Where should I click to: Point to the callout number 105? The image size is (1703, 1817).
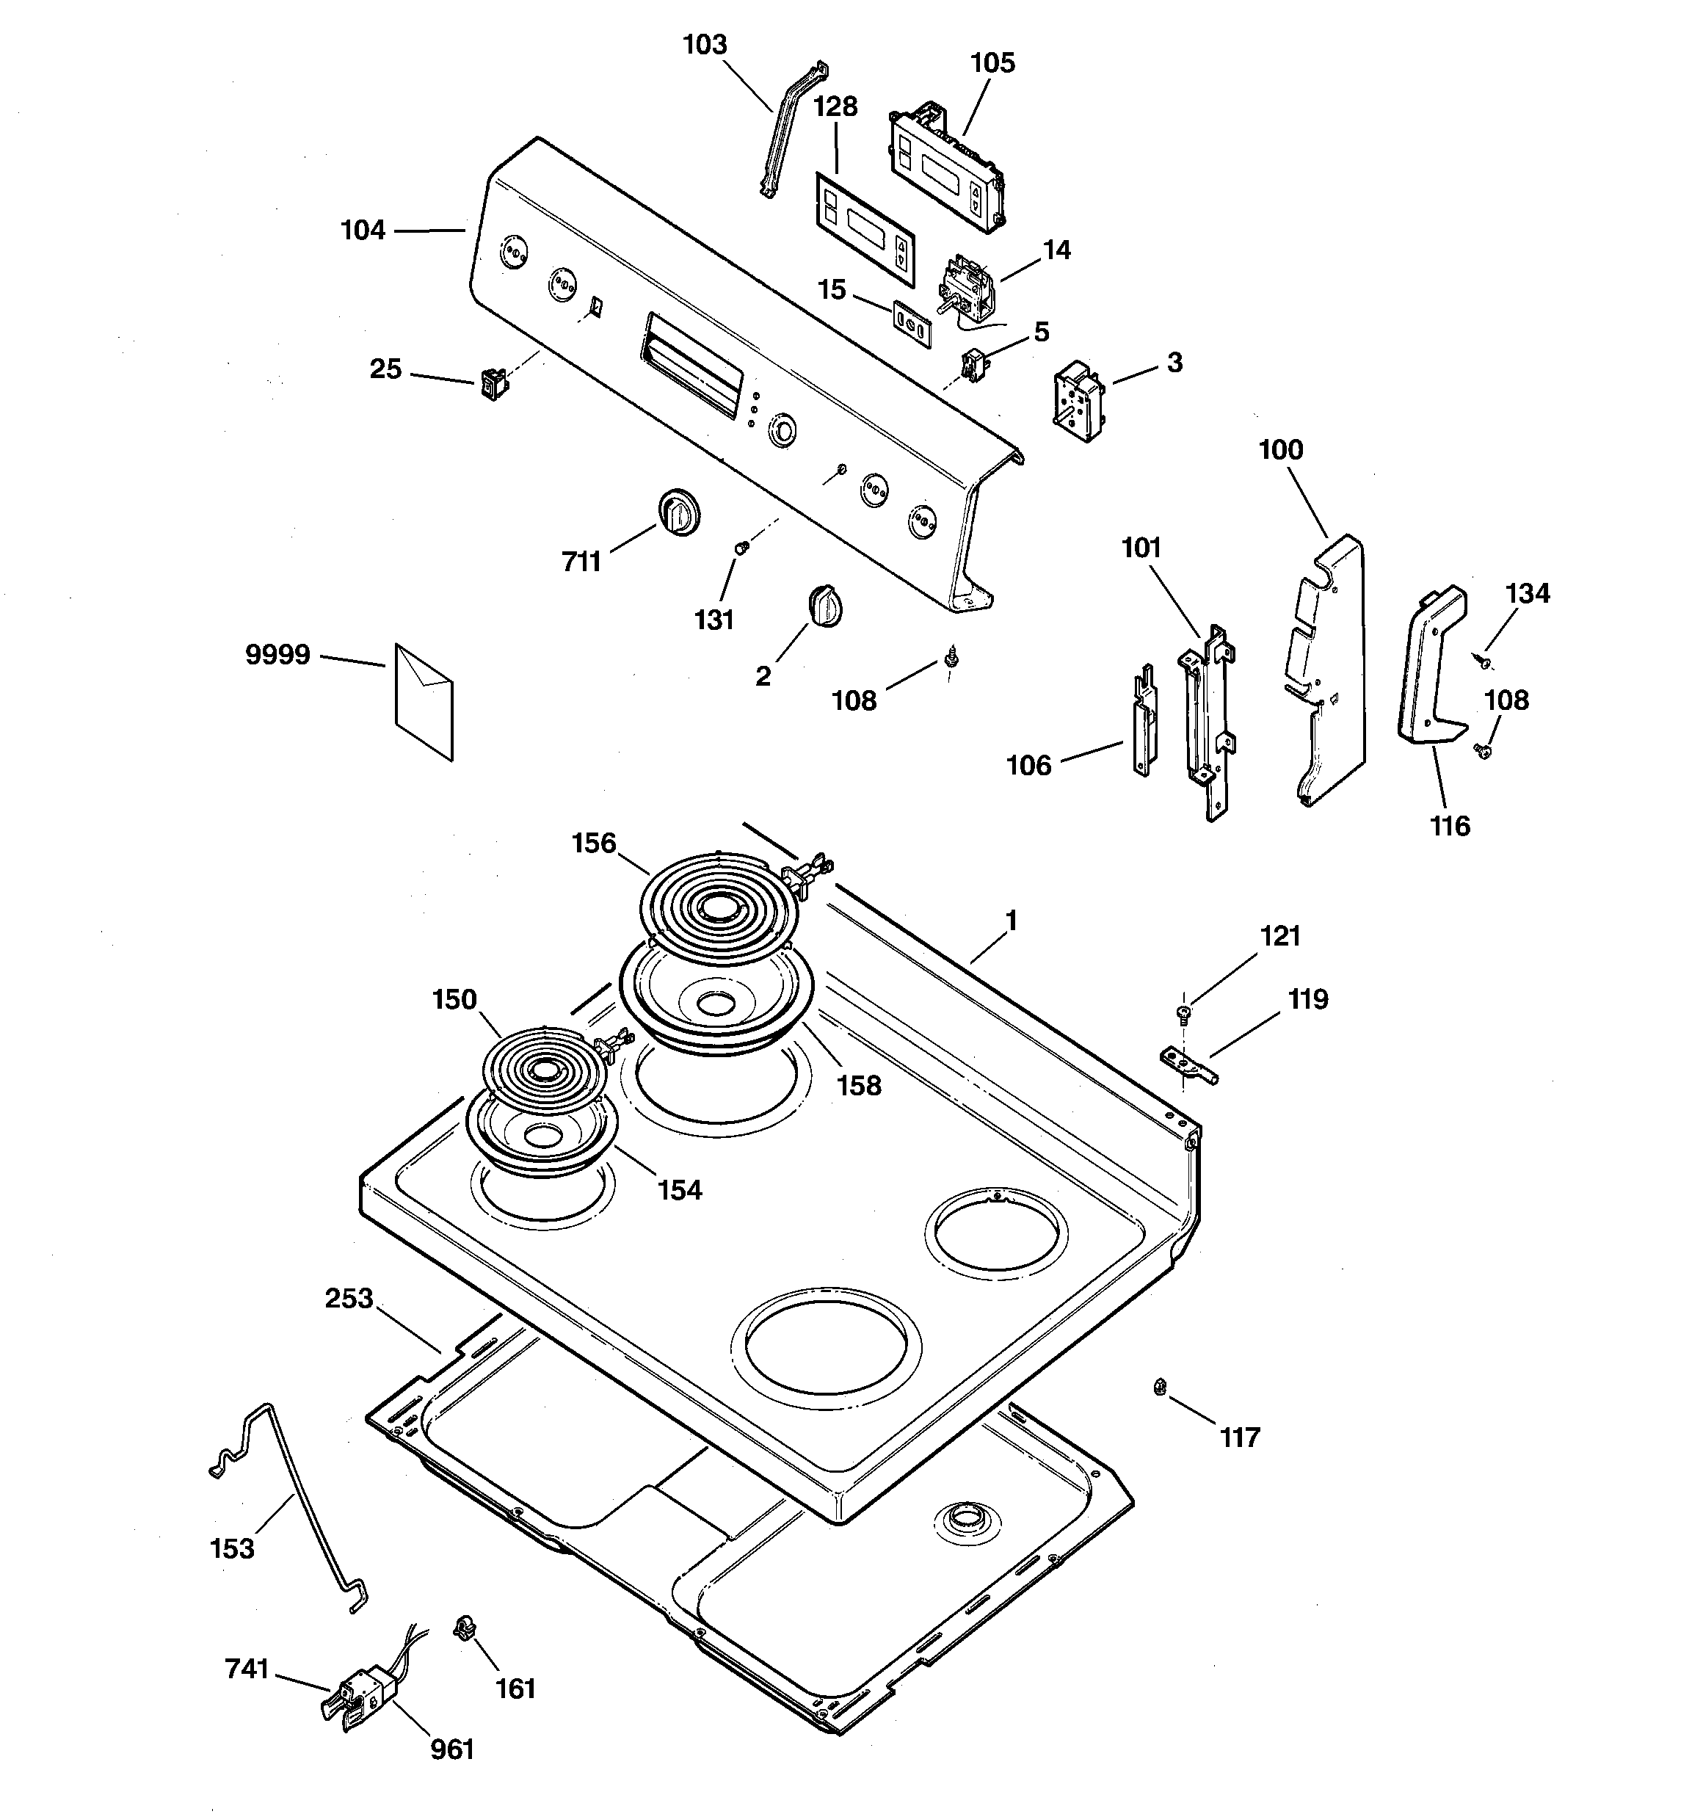(x=992, y=63)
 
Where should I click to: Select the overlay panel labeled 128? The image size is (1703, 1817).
(x=865, y=228)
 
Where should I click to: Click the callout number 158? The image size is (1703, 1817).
(x=860, y=1086)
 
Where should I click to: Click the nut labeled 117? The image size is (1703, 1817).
(x=1158, y=1387)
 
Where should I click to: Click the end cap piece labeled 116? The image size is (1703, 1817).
(x=1431, y=667)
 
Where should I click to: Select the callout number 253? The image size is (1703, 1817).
(x=349, y=1299)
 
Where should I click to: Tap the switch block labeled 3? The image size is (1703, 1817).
(x=1078, y=402)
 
